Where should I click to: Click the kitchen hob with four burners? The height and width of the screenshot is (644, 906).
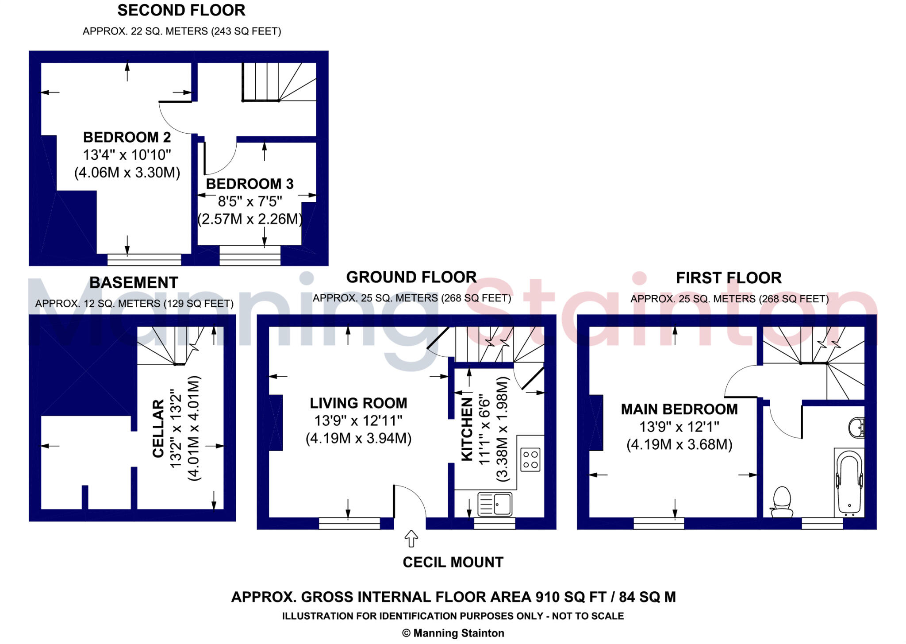click(x=530, y=459)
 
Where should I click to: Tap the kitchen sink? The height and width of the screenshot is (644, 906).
click(x=495, y=504)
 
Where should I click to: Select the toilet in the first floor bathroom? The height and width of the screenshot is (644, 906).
click(x=782, y=502)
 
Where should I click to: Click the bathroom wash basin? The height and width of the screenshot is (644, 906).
click(x=857, y=428)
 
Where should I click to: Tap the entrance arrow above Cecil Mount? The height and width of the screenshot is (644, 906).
click(x=411, y=539)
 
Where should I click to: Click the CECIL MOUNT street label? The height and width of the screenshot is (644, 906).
click(x=453, y=562)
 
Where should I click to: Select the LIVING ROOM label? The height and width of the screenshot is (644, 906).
click(x=358, y=403)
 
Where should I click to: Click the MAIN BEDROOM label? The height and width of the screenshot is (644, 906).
click(x=679, y=409)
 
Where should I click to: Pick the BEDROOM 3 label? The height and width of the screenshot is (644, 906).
click(x=250, y=184)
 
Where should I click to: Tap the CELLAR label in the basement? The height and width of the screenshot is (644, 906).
click(x=158, y=428)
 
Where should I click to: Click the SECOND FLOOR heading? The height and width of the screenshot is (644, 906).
click(x=181, y=10)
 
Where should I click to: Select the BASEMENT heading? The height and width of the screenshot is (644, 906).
click(x=134, y=282)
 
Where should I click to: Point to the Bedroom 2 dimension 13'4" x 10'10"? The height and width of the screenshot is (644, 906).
click(x=127, y=155)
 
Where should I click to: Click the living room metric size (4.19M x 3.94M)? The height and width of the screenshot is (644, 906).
click(x=359, y=439)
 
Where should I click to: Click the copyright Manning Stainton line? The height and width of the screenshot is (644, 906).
click(x=453, y=633)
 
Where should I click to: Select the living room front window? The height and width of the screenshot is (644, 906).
click(x=349, y=523)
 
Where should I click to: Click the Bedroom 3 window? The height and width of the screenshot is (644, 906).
click(x=250, y=255)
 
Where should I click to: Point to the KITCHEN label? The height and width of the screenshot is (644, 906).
click(x=467, y=429)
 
